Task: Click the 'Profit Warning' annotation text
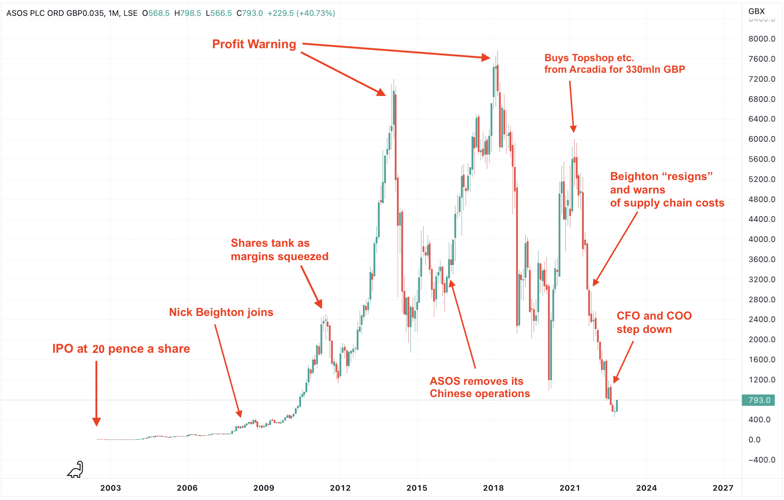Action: pyautogui.click(x=254, y=44)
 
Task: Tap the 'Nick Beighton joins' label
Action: pyautogui.click(x=221, y=312)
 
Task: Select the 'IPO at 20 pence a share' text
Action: pyautogui.click(x=121, y=349)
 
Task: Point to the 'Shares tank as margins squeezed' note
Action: pyautogui.click(x=279, y=250)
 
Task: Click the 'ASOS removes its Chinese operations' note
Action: pyautogui.click(x=480, y=387)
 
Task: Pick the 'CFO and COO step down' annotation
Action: pyautogui.click(x=654, y=322)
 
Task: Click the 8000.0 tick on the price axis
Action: pyautogui.click(x=762, y=39)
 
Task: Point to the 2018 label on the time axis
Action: pyautogui.click(x=493, y=488)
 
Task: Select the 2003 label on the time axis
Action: pyautogui.click(x=110, y=488)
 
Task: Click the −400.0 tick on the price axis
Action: pyautogui.click(x=762, y=460)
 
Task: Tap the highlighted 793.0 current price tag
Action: pyautogui.click(x=759, y=400)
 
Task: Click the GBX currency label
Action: pyautogui.click(x=756, y=11)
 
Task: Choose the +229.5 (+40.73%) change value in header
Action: pyautogui.click(x=301, y=13)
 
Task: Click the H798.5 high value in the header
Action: pyautogui.click(x=188, y=13)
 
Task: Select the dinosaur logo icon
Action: pyautogui.click(x=76, y=470)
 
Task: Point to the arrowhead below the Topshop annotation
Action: pyautogui.click(x=573, y=129)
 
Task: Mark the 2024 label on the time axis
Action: pyautogui.click(x=646, y=488)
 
